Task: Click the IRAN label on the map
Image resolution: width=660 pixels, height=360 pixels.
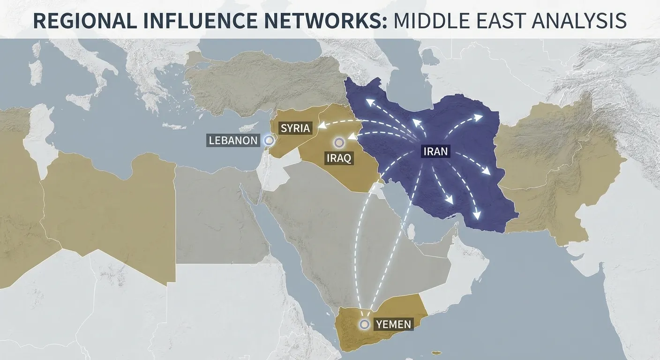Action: [435, 151]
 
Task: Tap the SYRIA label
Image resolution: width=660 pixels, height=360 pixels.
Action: [295, 128]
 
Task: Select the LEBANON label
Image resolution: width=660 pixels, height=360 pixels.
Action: [233, 140]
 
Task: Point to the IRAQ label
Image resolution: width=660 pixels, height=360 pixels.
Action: [338, 158]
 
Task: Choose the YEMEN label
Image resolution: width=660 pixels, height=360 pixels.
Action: [394, 323]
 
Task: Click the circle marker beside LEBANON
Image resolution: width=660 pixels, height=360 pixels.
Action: [269, 139]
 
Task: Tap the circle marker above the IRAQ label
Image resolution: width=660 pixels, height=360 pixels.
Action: [338, 142]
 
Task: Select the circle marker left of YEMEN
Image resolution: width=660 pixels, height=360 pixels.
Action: [364, 323]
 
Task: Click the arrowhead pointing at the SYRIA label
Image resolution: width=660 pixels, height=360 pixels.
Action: [322, 125]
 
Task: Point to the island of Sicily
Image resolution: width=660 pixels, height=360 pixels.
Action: [80, 100]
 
